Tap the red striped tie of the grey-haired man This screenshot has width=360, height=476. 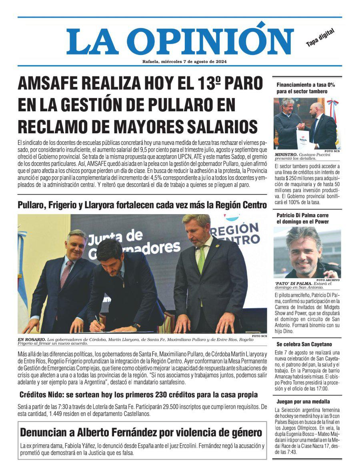tap(66, 273)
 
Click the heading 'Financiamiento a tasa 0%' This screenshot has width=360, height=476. tap(306, 85)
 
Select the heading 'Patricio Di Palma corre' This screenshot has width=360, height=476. tap(302, 215)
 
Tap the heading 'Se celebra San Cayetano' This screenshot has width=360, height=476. tap(304, 344)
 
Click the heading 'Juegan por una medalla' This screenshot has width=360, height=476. tap(303, 401)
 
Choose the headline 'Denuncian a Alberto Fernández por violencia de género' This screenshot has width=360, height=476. tap(141, 432)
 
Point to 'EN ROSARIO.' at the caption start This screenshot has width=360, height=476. tap(31, 339)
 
